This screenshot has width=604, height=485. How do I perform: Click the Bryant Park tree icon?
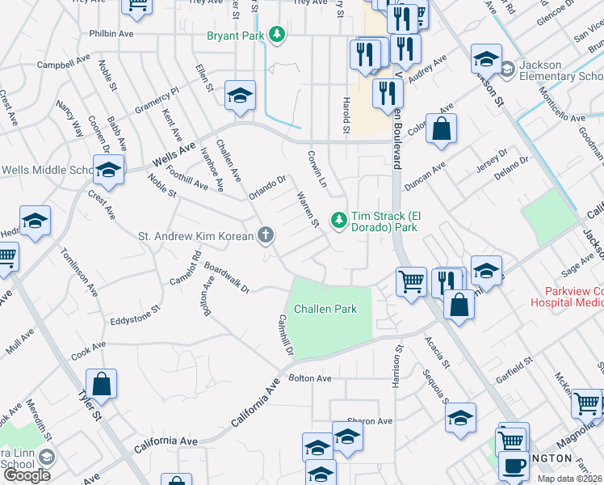(x=278, y=34)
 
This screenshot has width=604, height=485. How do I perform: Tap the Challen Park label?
(x=325, y=309)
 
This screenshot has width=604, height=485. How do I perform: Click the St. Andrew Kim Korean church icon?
(x=265, y=236)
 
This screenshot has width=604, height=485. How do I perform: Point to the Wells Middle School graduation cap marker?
(x=108, y=171)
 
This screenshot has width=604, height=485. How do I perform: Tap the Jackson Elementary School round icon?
(x=507, y=69)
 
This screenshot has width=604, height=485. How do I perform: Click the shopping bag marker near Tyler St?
(x=102, y=386)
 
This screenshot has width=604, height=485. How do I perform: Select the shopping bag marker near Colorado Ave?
(x=441, y=129)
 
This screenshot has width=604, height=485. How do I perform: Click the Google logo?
(x=26, y=475)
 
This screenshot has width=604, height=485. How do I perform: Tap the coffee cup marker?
(x=513, y=466)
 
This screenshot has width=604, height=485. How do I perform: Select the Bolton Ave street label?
(x=310, y=378)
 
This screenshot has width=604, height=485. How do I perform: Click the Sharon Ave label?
(x=369, y=421)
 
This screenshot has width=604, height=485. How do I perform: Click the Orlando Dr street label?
(x=267, y=188)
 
